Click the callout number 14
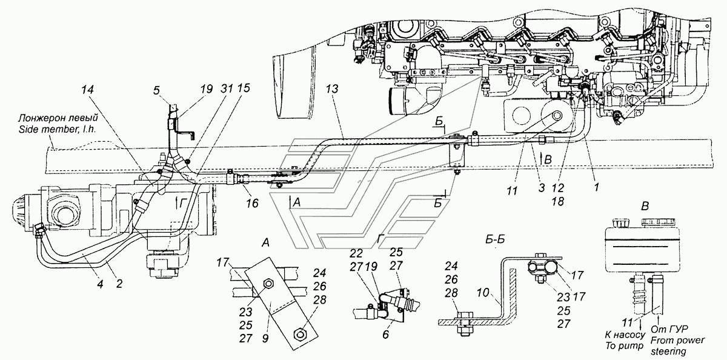(x=88, y=89)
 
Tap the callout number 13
(x=332, y=89)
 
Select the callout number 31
(x=227, y=88)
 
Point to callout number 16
(x=252, y=203)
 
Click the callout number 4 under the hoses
(x=100, y=284)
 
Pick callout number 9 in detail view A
(x=265, y=339)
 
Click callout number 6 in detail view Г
(x=385, y=335)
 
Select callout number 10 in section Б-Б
(x=483, y=293)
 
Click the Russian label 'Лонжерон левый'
(x=58, y=117)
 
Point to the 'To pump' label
(x=624, y=345)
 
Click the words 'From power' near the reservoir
(x=678, y=341)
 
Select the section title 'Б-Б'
(x=495, y=240)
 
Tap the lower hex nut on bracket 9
(x=301, y=334)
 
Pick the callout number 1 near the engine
(x=596, y=187)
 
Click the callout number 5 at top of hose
(x=156, y=90)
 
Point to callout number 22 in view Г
(x=356, y=253)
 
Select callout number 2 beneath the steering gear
(x=119, y=284)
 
